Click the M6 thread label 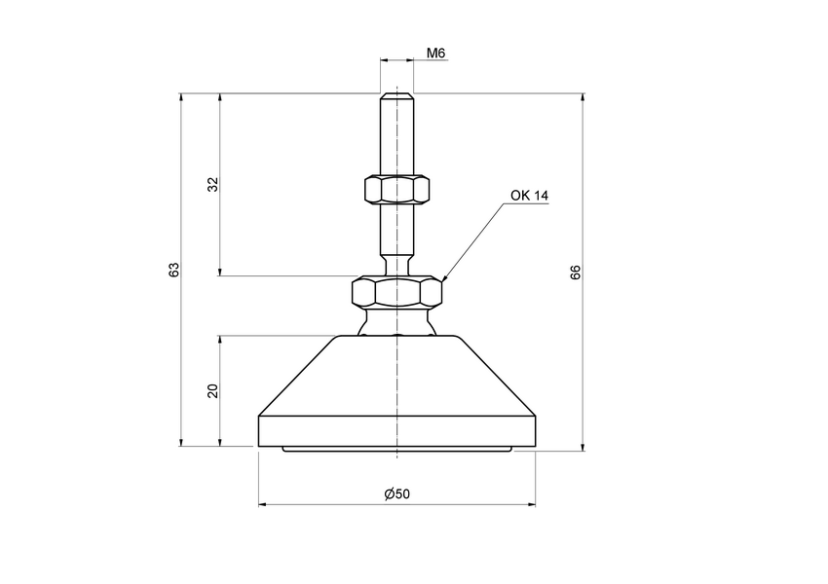click(x=436, y=53)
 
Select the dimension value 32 click(x=212, y=185)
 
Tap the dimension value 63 click(x=173, y=270)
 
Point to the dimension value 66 click(x=575, y=273)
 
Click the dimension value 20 click(x=212, y=391)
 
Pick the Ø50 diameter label click(x=397, y=494)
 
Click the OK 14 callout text click(x=530, y=196)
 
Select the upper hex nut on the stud click(x=396, y=189)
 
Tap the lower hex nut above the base click(x=397, y=291)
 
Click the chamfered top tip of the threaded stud click(x=397, y=96)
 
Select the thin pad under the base click(x=397, y=449)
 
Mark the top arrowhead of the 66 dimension click(x=583, y=97)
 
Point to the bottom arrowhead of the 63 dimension click(x=181, y=444)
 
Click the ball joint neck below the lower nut click(x=397, y=321)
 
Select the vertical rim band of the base click(x=397, y=429)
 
